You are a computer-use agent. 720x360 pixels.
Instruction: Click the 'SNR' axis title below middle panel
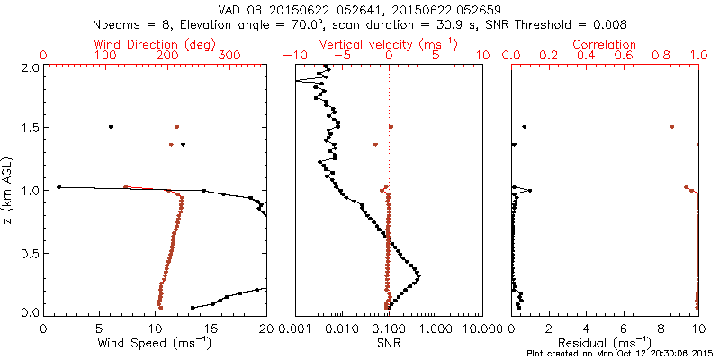coord(389,343)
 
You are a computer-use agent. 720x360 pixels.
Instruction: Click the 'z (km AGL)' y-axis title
coord(11,189)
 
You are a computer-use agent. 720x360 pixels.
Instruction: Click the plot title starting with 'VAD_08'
coord(359,9)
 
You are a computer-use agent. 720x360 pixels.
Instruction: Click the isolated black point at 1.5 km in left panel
coord(112,126)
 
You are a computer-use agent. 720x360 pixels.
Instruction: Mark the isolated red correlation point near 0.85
coord(671,126)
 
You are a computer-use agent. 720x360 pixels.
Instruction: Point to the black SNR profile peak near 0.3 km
coord(418,274)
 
